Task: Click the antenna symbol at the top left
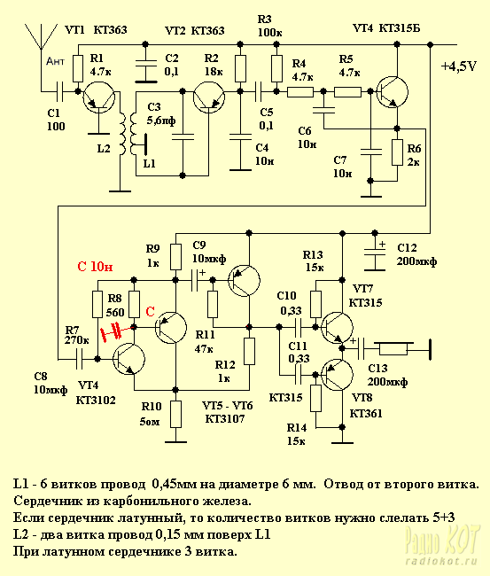click(41, 36)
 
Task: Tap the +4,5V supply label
click(459, 66)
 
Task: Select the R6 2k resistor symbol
click(397, 152)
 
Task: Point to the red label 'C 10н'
click(95, 267)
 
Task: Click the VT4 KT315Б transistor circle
click(393, 92)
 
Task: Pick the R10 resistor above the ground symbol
click(176, 415)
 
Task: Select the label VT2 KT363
click(195, 30)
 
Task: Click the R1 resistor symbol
click(78, 69)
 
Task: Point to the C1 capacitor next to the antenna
click(60, 91)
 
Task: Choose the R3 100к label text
click(269, 26)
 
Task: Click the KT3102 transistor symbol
click(129, 359)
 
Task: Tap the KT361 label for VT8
click(366, 414)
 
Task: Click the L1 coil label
click(149, 163)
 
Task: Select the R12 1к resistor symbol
click(249, 352)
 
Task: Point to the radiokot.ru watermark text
click(442, 561)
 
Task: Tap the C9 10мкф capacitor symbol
click(198, 280)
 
